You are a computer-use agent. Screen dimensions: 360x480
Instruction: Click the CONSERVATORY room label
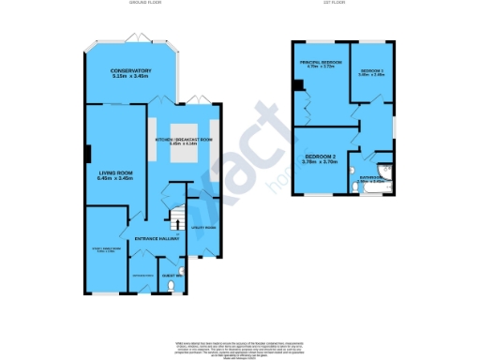tap(130, 71)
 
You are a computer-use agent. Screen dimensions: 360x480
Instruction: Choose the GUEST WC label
tap(172, 275)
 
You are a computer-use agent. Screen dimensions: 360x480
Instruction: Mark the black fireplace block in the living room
tap(88, 153)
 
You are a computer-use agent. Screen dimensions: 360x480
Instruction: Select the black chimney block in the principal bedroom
tap(298, 87)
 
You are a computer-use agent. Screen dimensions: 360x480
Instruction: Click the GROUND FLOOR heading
tap(146, 4)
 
